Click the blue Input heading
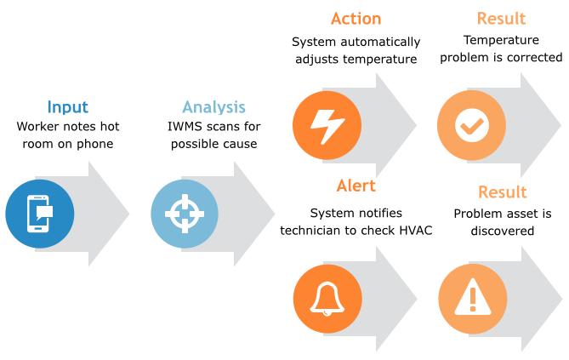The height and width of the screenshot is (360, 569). [x=67, y=107]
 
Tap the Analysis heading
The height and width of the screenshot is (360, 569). [x=213, y=107]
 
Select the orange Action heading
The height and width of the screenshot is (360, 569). [x=356, y=18]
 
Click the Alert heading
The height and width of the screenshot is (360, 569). [x=356, y=186]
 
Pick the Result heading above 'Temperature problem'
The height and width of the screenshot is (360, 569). [x=501, y=18]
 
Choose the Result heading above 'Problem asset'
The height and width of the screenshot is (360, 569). [x=502, y=191]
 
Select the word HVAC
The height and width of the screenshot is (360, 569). [x=414, y=231]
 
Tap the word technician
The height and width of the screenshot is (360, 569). [x=317, y=231]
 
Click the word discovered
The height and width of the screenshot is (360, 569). [x=502, y=231]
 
